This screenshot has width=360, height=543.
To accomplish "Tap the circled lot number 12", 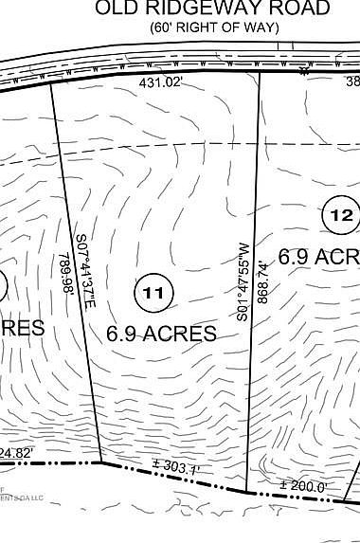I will (x=341, y=216).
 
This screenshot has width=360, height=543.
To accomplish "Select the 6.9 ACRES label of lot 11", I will (x=161, y=334).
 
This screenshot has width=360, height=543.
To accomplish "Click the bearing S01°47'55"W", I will (x=243, y=281).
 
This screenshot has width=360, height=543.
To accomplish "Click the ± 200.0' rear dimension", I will (x=304, y=487).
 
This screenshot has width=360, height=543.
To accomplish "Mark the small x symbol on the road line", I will (x=304, y=71).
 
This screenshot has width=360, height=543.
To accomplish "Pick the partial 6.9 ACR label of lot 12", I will (x=317, y=256).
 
